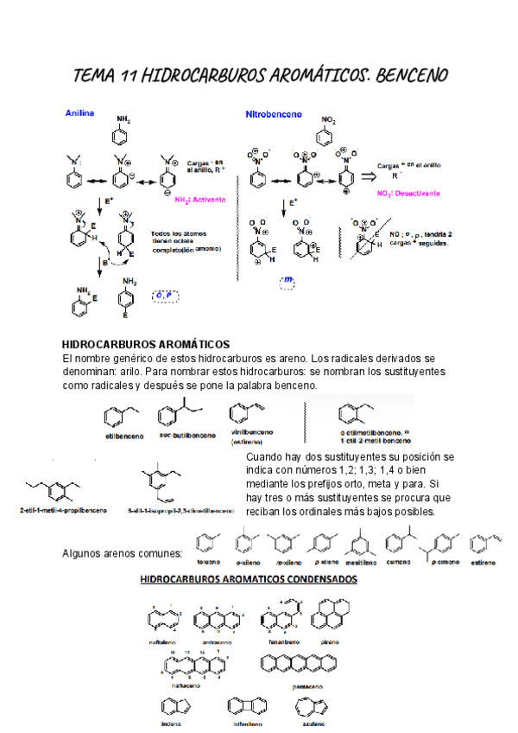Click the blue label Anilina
79,113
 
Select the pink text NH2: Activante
199,199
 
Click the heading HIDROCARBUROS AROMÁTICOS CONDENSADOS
249,579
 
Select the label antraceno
220,642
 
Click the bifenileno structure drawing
245,707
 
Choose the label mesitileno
360,563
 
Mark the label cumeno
397,563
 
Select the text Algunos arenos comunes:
123,553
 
